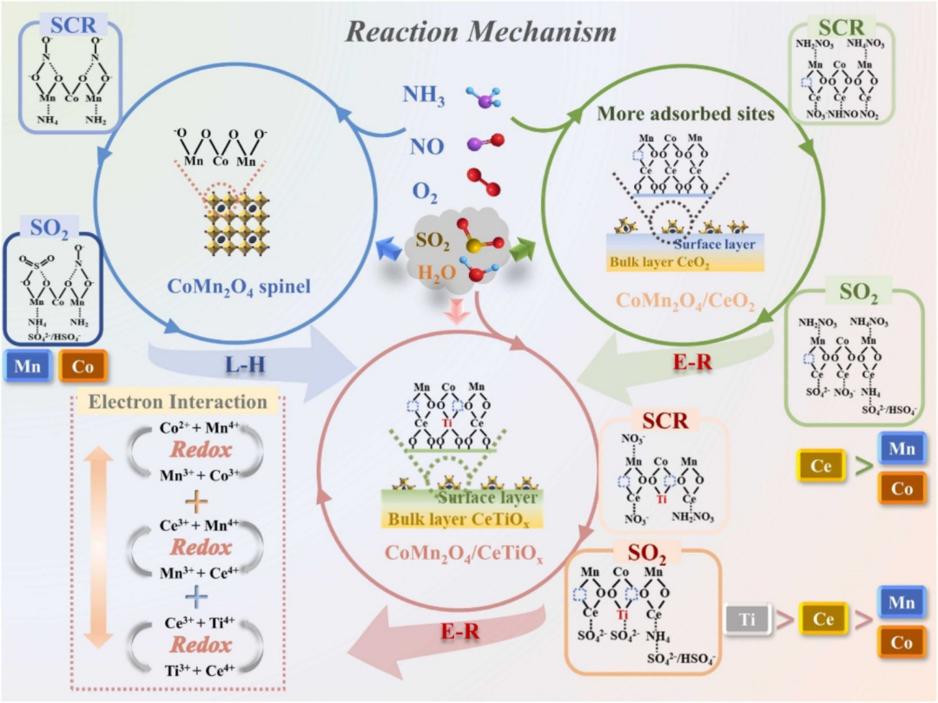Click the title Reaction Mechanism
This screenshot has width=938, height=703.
pyautogui.click(x=481, y=32)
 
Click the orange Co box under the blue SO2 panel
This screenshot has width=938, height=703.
pyautogui.click(x=82, y=366)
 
